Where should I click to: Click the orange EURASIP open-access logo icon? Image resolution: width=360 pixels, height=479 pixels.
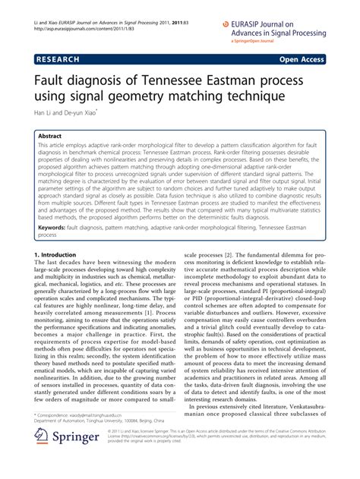pos(226,24)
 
